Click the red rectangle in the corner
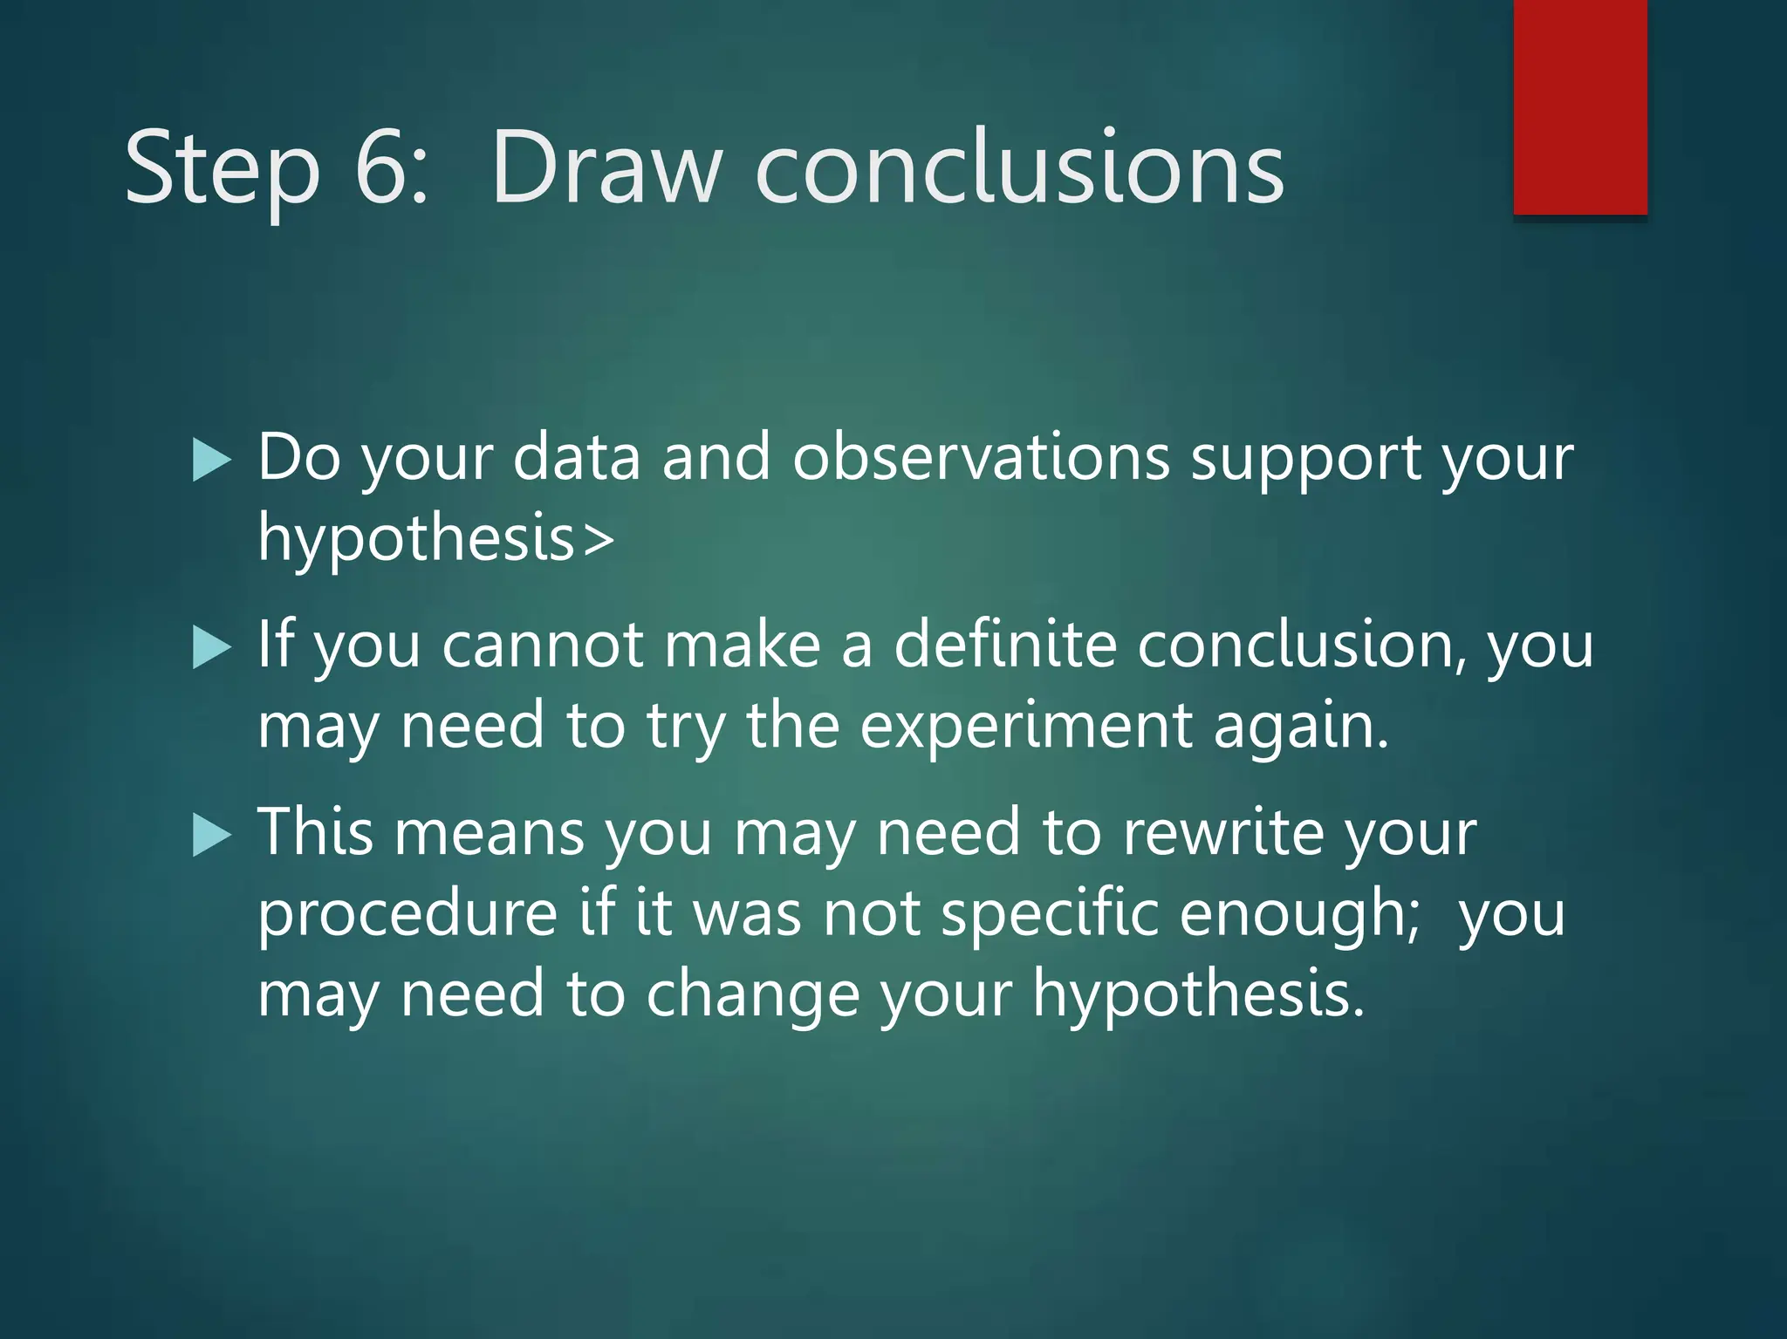click(x=1580, y=106)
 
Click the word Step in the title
click(x=223, y=167)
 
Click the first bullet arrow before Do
click(x=211, y=461)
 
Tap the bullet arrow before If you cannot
click(x=211, y=648)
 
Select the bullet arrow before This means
click(x=211, y=836)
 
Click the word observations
click(x=981, y=457)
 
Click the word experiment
click(x=1025, y=727)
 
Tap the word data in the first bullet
click(x=577, y=457)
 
